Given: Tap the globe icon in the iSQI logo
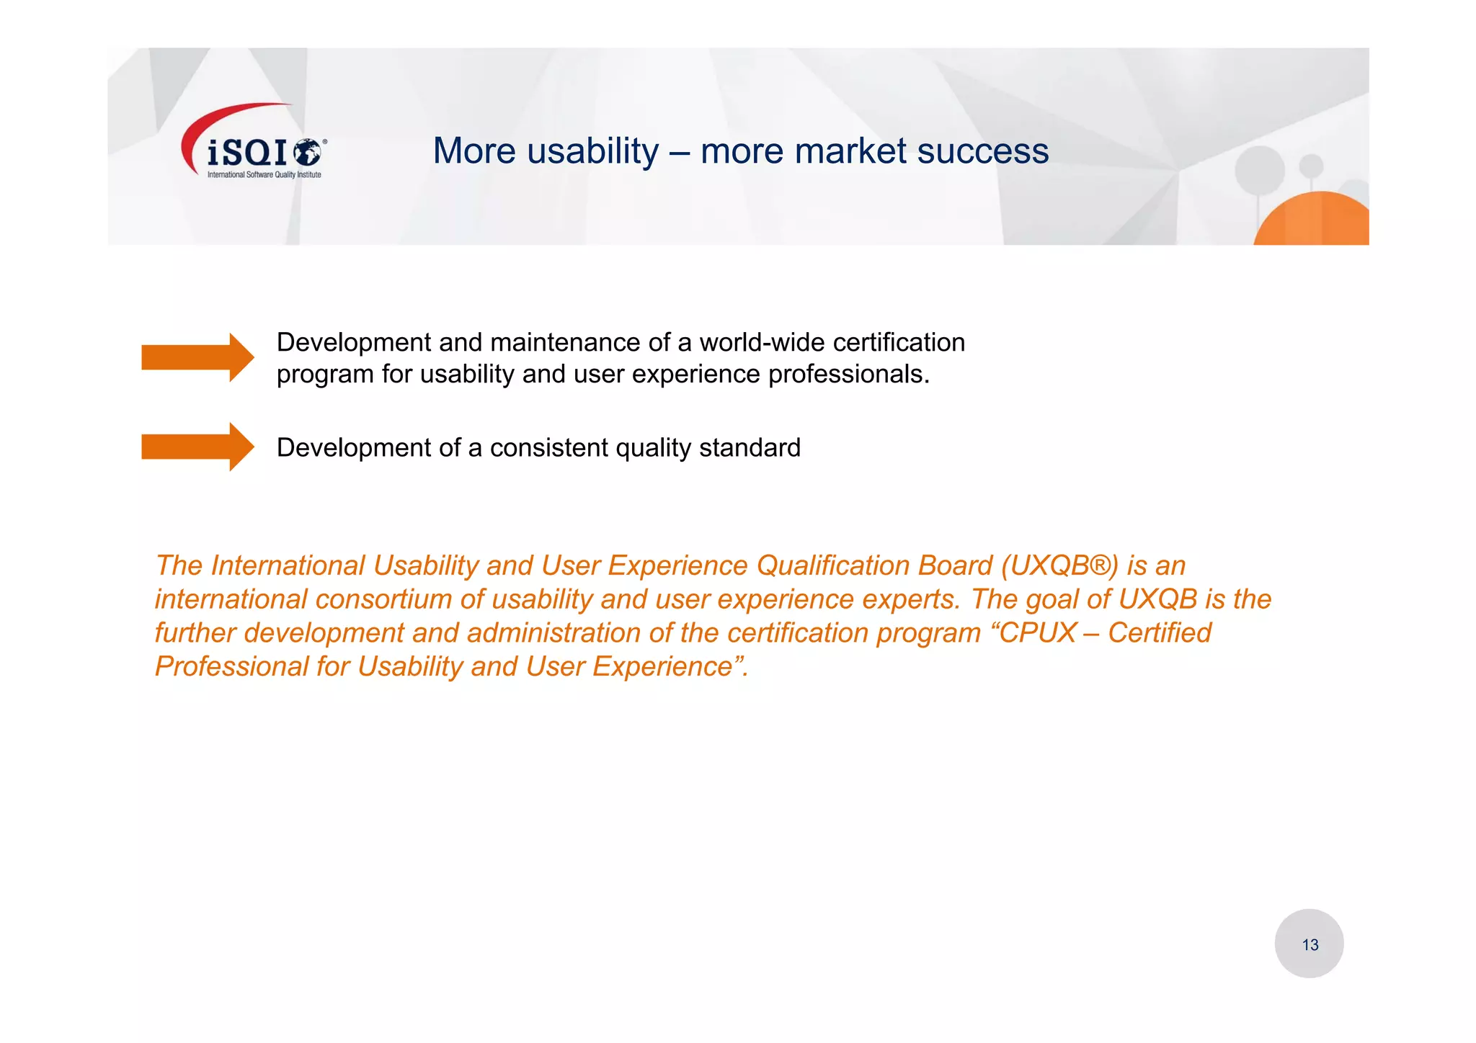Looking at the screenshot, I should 308,152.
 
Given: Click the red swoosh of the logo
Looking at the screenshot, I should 216,119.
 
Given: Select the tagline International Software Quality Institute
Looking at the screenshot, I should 264,174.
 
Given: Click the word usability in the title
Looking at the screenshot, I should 592,151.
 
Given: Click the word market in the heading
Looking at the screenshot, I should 850,151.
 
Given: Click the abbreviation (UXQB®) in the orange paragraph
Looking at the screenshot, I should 1059,565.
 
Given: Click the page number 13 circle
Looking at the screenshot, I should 1309,944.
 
